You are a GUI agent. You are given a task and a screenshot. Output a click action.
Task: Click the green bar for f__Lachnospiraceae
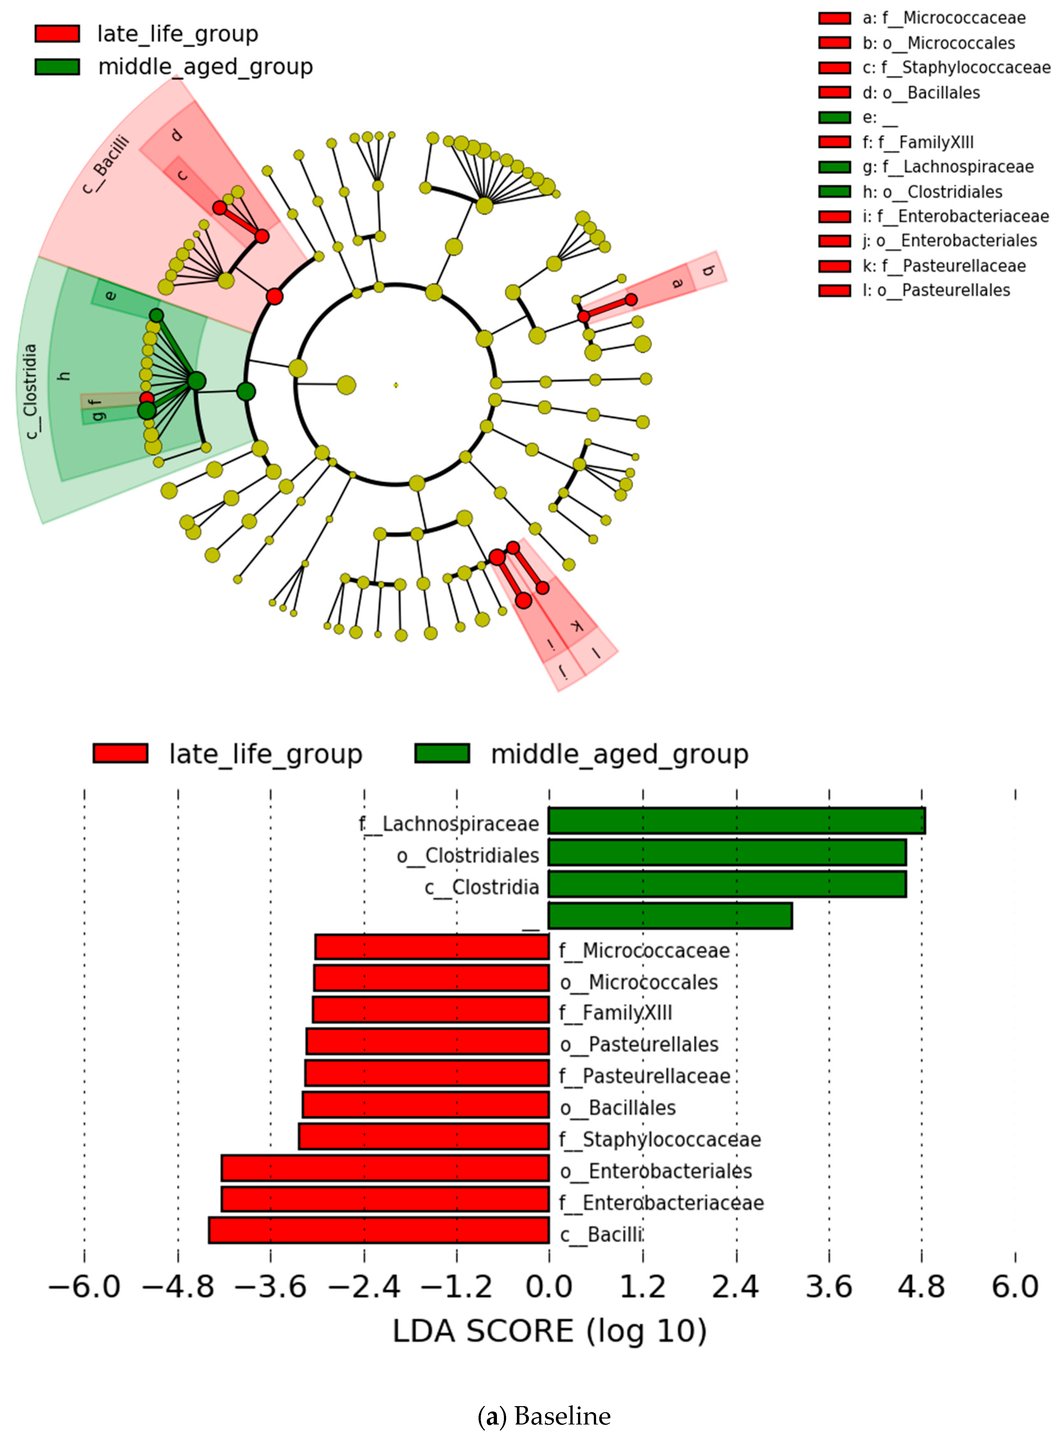736,821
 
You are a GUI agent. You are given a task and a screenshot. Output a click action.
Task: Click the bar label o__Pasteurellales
639,1044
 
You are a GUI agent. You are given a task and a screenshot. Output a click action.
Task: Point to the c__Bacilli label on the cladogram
106,164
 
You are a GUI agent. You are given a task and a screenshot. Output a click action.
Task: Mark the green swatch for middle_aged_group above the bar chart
442,753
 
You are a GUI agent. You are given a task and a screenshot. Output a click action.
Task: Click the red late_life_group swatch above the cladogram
57,33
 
